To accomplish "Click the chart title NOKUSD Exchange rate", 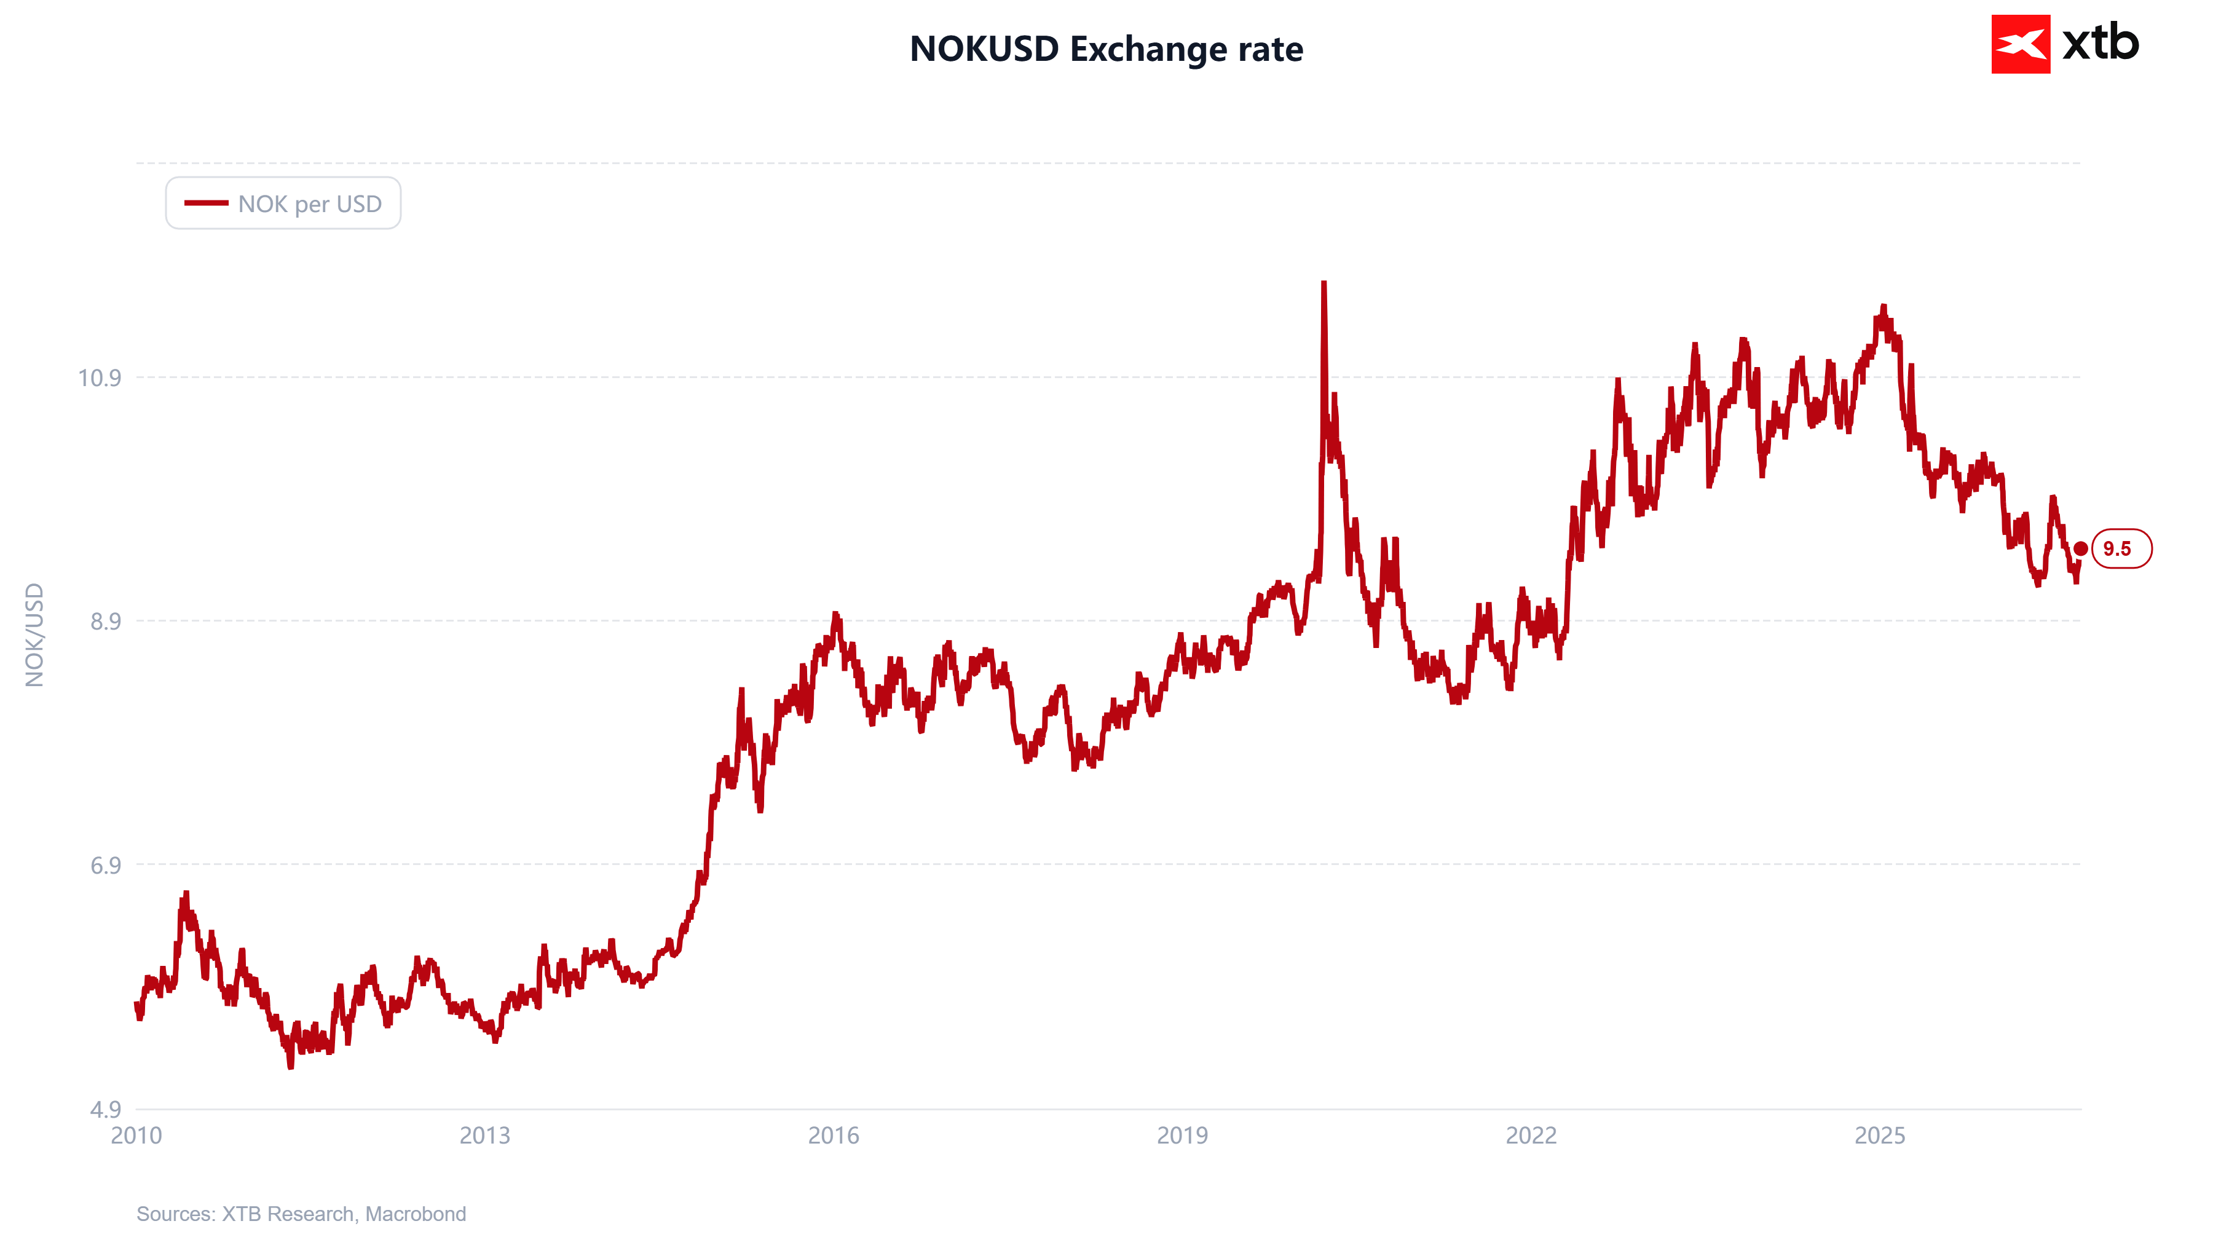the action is click(1106, 49).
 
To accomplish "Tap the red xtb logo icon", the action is click(2021, 44).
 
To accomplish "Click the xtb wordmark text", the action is click(2101, 43).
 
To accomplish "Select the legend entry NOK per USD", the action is click(283, 204).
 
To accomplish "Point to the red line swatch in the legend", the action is click(206, 203).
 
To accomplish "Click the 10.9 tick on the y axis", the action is click(100, 378).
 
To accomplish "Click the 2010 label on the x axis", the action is click(136, 1136).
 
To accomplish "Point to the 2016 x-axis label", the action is click(834, 1136).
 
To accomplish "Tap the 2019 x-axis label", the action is click(1182, 1136).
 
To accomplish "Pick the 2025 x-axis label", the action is click(1880, 1136).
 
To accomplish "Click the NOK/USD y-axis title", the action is click(34, 635).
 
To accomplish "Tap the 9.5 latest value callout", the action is click(2121, 549).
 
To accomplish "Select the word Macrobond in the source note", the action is click(416, 1214).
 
